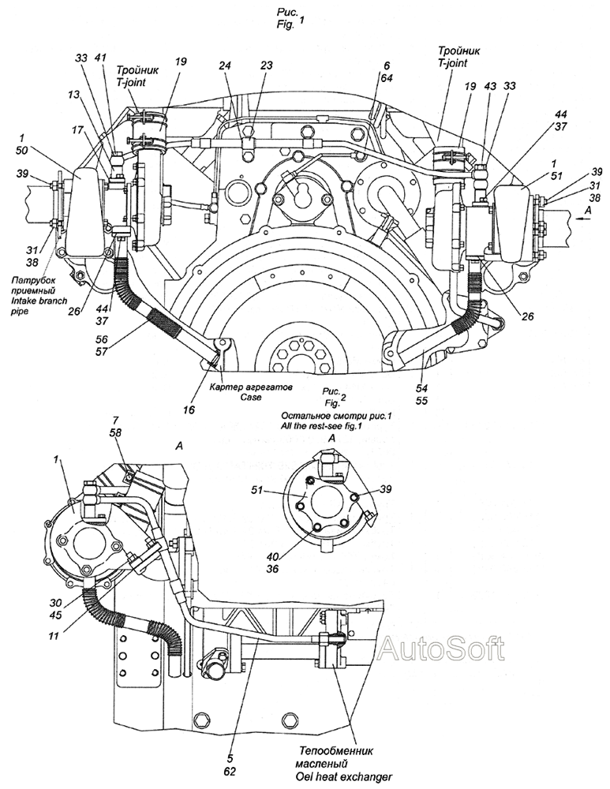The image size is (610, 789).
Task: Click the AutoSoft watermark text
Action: coord(441,649)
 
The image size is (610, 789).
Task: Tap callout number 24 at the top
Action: coord(225,65)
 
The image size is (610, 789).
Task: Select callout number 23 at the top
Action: coord(266,65)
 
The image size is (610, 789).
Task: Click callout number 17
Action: coord(77,130)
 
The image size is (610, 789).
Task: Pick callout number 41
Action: coord(100,58)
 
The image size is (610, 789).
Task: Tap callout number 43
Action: coord(490,86)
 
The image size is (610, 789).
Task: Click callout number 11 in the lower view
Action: coord(54,636)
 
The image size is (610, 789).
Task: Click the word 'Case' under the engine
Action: coord(251,398)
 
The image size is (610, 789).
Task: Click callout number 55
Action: coord(421,401)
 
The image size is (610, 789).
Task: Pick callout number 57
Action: coord(102,352)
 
